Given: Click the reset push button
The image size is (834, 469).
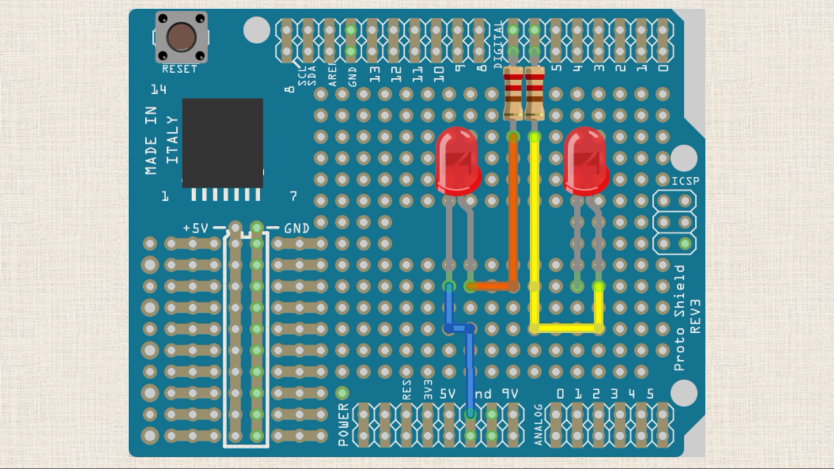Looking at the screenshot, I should [181, 37].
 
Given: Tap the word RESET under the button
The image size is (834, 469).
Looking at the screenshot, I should [179, 70].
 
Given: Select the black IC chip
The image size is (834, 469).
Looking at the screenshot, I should [222, 142].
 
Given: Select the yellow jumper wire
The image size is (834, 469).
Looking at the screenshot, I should [535, 244].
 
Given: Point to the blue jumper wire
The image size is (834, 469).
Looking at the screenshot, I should [470, 366].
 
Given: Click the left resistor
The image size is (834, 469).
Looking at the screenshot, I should [513, 93].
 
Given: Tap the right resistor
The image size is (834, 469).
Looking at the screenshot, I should [534, 93].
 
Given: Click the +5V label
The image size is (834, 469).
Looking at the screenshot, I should [195, 228].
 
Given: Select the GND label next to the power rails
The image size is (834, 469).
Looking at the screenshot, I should [297, 228].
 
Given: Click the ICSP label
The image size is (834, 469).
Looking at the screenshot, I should [685, 181].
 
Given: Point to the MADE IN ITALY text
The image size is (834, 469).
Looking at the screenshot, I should [162, 140].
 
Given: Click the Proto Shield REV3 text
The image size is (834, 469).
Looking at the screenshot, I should [687, 318].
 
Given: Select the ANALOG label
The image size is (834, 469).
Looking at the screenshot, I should [538, 424].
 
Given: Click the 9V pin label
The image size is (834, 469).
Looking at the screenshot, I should [510, 394].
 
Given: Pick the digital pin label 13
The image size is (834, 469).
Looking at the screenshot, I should [375, 74].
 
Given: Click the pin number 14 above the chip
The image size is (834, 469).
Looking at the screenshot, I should [159, 90].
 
